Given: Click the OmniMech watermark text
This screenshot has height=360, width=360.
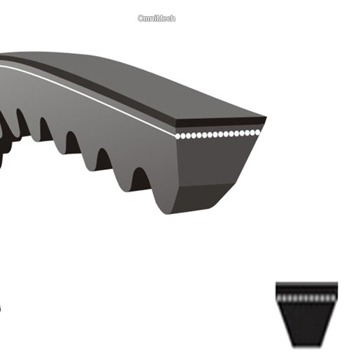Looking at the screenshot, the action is [157, 18].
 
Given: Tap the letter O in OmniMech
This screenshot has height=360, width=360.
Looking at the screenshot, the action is [141, 18].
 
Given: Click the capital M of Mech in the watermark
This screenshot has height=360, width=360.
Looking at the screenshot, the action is [159, 18].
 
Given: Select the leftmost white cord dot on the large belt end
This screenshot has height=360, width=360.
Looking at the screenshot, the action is [178, 136].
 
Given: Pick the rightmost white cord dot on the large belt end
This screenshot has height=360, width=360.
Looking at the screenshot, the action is [257, 133].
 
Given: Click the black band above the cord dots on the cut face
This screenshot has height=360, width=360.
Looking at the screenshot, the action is [221, 122].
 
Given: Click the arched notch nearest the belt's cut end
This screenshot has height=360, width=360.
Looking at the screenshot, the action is [141, 179].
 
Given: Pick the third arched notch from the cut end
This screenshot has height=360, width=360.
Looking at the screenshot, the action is [73, 143].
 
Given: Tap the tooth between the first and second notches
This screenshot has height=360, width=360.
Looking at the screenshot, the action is [122, 177].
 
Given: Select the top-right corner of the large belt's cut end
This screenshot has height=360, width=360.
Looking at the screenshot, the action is [266, 117].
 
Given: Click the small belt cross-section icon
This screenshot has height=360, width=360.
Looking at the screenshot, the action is [307, 315].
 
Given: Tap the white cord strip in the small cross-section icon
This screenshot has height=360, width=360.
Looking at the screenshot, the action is [307, 298].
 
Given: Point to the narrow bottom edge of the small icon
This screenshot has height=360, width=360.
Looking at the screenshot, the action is [307, 346].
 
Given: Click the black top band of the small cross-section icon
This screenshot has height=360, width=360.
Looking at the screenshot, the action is [307, 289].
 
